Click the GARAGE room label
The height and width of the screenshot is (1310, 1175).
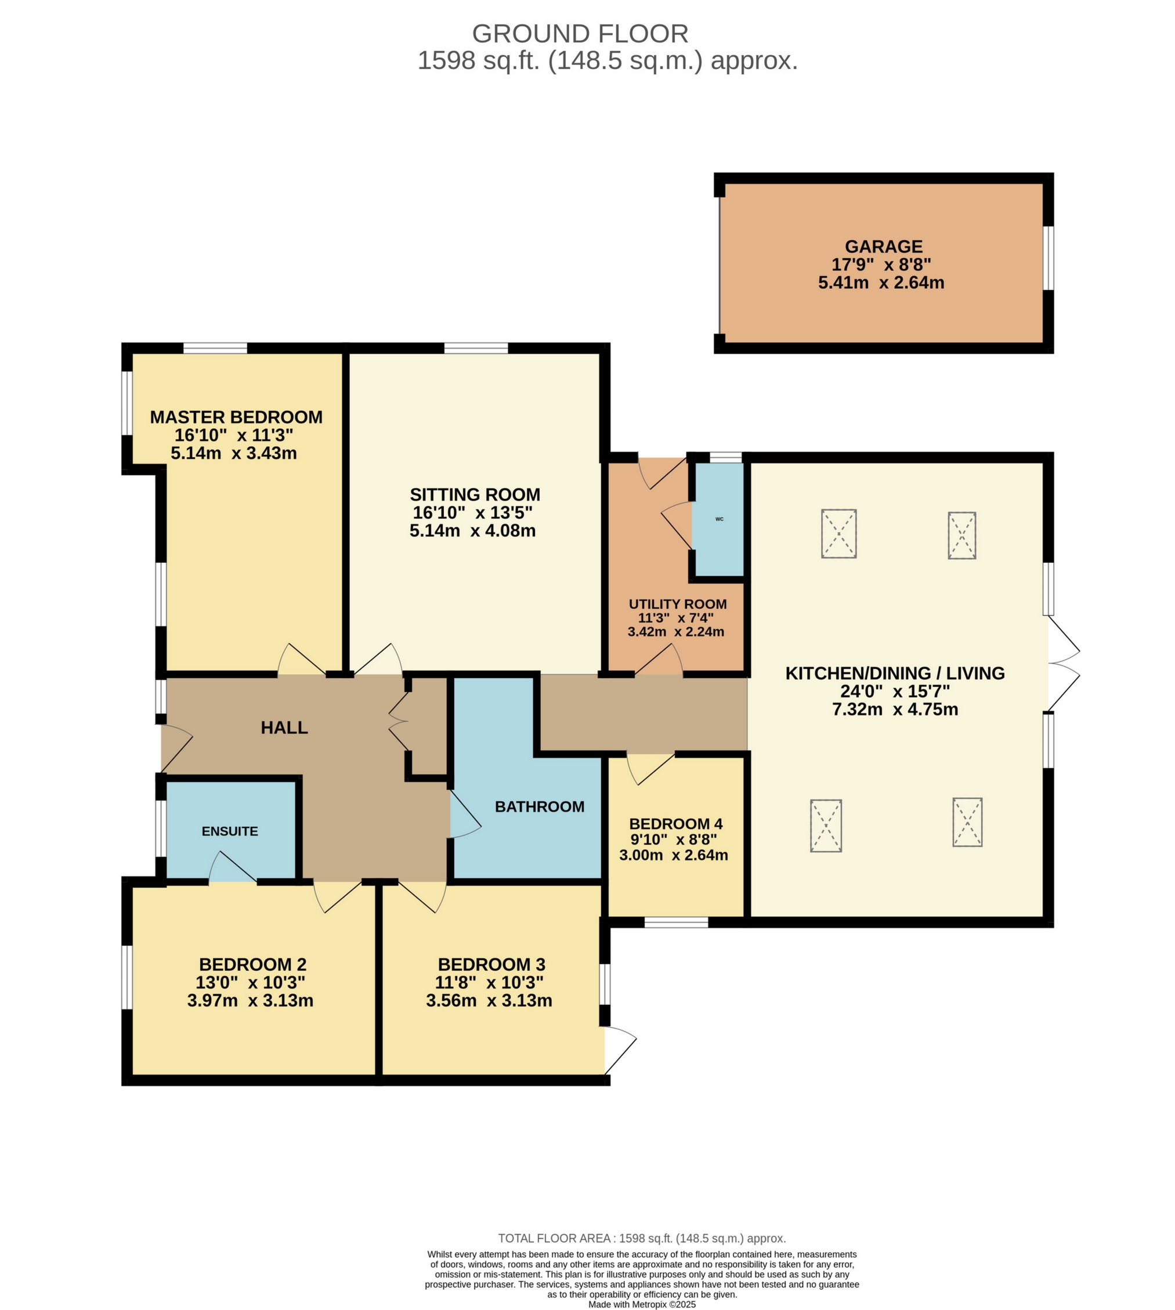coord(883,247)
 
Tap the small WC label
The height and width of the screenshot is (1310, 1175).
coord(719,519)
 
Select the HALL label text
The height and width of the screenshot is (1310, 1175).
coord(284,728)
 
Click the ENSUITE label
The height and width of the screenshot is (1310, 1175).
coord(230,831)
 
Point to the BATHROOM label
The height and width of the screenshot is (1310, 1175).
coord(539,806)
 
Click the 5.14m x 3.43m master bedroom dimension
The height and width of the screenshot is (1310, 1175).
coord(234,453)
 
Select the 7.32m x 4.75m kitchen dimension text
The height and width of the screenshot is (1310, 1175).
coord(894,710)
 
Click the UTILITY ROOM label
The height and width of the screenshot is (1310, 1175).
coord(677,605)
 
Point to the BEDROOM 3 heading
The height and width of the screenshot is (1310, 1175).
coord(491,965)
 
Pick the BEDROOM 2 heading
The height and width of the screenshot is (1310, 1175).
coord(252,965)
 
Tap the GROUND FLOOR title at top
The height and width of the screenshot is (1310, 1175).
coord(580,34)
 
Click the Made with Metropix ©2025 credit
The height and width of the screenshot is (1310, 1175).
coord(642,1304)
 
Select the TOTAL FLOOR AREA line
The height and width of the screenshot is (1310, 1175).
coord(642,1238)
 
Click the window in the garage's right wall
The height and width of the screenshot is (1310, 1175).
coord(1049,258)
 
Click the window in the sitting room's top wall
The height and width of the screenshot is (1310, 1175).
coord(476,349)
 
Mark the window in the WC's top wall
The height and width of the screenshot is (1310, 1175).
coord(726,458)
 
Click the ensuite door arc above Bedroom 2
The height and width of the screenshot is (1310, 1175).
coord(233,868)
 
